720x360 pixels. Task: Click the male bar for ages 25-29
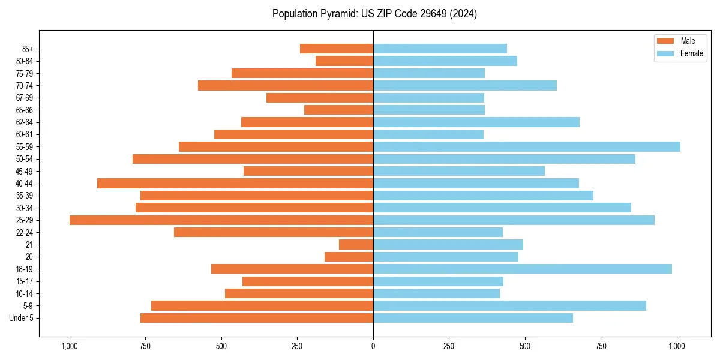coord(221,220)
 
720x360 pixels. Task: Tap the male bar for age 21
coord(356,245)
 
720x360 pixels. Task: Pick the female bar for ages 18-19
coord(523,269)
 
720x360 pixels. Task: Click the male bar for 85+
coord(337,49)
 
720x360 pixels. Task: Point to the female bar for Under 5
coord(473,318)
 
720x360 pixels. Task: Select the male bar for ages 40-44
coord(235,184)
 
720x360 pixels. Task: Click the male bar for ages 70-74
coord(286,86)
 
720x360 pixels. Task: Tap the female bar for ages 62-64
coord(476,122)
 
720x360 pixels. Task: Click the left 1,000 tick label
coord(70,346)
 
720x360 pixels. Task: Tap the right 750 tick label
coord(601,346)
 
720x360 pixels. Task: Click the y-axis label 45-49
coord(25,172)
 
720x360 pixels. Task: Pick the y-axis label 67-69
coord(25,98)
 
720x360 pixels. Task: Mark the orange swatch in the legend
coord(666,41)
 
